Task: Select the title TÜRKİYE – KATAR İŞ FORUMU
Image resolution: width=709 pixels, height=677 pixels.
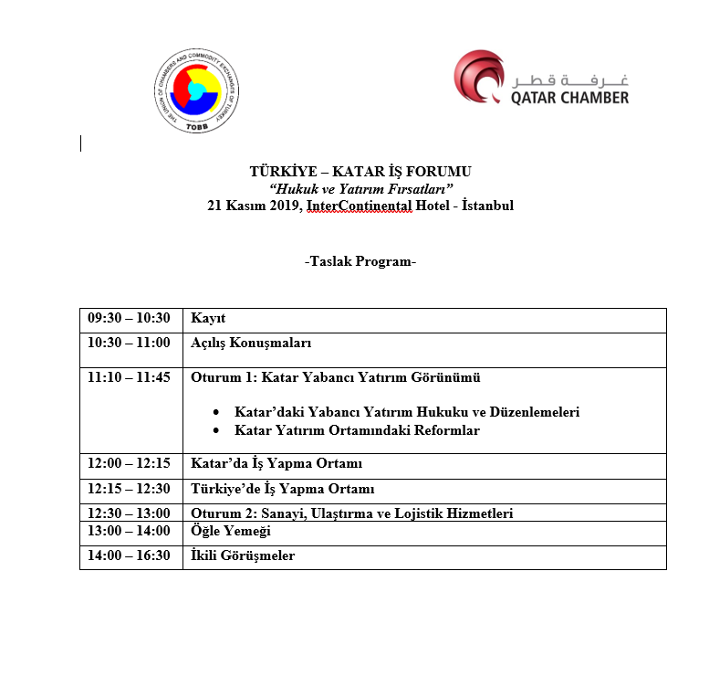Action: (360, 172)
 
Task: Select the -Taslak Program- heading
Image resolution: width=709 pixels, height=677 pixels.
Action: (360, 262)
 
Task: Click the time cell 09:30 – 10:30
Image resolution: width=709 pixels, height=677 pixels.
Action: (129, 319)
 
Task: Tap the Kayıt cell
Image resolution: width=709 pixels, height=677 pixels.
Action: (208, 319)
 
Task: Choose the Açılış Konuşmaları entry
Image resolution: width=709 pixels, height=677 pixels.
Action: (251, 344)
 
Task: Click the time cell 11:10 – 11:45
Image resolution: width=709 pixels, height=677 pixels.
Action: (129, 377)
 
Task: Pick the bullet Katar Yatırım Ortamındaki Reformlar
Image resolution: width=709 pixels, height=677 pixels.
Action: (357, 430)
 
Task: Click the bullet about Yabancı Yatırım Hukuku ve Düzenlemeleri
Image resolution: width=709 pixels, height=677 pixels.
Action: (407, 412)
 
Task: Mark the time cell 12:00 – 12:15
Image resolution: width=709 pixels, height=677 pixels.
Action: (129, 464)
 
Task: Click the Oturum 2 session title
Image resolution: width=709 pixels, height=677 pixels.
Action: (351, 513)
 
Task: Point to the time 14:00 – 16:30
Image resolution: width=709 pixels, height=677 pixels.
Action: (129, 555)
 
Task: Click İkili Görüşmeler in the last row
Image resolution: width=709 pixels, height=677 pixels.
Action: (243, 555)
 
